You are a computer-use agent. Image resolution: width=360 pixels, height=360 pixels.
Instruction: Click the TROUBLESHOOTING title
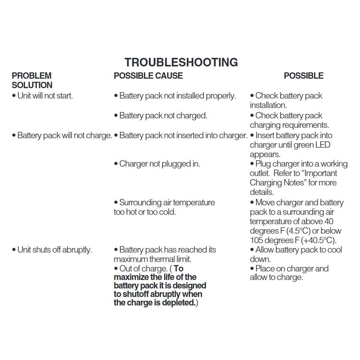click(x=180, y=62)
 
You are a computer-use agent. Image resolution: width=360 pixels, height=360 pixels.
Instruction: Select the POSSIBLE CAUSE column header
click(x=148, y=76)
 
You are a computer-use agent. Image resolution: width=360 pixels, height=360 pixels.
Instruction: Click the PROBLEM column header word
click(x=31, y=76)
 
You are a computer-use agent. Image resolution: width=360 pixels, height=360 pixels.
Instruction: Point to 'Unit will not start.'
click(x=45, y=96)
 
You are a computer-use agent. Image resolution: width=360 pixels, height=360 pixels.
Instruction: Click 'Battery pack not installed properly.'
click(x=175, y=96)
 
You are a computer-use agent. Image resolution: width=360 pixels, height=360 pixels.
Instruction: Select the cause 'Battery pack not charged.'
click(x=161, y=116)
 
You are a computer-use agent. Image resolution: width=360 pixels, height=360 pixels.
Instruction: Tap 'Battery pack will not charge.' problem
click(x=62, y=135)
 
